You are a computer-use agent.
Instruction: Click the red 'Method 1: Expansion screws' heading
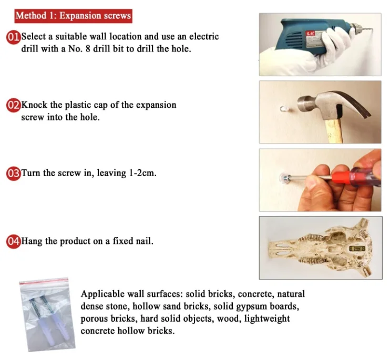click(x=73, y=16)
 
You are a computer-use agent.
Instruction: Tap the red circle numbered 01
click(x=14, y=37)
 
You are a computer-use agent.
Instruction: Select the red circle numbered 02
click(x=14, y=105)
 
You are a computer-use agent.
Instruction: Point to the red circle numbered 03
click(x=14, y=173)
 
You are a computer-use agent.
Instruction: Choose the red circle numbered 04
click(x=14, y=241)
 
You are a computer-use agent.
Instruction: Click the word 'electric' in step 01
click(x=204, y=37)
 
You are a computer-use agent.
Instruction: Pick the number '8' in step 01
click(x=88, y=49)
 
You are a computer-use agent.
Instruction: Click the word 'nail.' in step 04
click(x=145, y=241)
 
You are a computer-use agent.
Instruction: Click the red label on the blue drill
click(x=310, y=33)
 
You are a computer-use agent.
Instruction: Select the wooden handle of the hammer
click(x=334, y=130)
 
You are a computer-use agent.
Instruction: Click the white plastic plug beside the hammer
click(x=283, y=109)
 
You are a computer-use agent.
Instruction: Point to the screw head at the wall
click(x=285, y=178)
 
